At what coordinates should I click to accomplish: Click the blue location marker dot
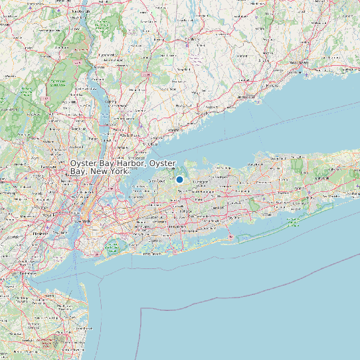[x=179, y=179]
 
